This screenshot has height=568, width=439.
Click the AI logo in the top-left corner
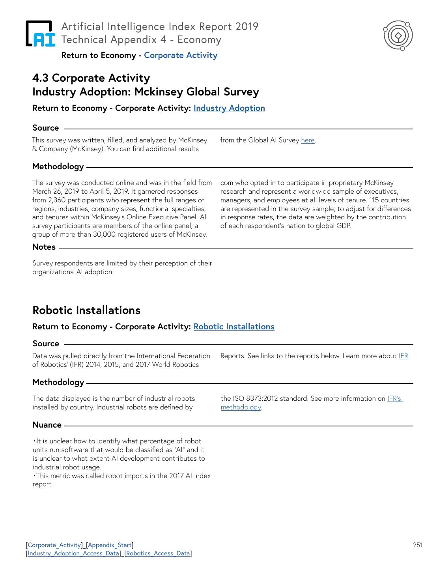(x=40, y=34)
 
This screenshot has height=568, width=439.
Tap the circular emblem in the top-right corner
(x=398, y=35)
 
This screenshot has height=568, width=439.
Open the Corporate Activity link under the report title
(x=181, y=55)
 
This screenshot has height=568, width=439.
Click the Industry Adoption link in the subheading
(x=229, y=108)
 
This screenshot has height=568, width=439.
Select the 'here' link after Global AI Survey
(x=308, y=140)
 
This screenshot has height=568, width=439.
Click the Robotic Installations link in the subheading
(x=234, y=327)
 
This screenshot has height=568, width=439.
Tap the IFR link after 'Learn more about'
(x=403, y=356)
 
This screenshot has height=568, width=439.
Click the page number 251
(x=418, y=545)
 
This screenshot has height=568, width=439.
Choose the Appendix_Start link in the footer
(x=110, y=545)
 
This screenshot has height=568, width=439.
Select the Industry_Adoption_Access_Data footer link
(x=73, y=553)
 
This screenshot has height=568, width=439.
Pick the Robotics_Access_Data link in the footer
(x=158, y=553)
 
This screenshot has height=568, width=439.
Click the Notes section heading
(x=44, y=247)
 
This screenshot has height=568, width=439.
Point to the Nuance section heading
(x=47, y=425)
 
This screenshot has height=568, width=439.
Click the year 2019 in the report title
(x=247, y=26)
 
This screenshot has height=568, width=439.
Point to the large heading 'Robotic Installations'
(x=86, y=310)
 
